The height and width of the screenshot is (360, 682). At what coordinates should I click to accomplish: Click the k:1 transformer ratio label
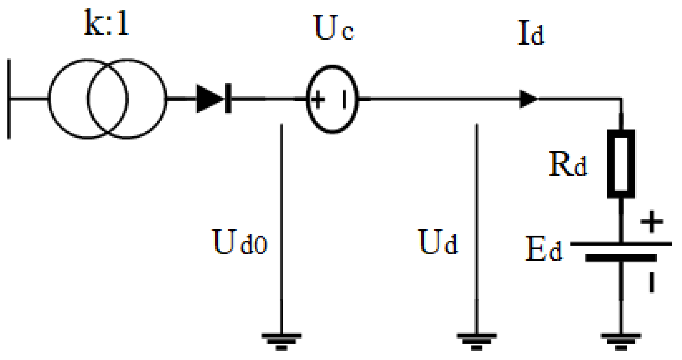click(106, 23)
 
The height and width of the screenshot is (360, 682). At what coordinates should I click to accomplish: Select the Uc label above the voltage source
click(333, 28)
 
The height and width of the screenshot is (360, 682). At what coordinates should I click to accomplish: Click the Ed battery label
click(544, 249)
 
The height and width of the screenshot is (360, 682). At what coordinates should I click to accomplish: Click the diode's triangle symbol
click(208, 99)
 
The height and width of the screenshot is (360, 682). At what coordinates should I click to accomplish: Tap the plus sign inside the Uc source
click(318, 100)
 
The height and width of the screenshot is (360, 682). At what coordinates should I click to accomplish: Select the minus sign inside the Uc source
click(344, 100)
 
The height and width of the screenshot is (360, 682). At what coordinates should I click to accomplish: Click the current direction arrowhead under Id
click(528, 99)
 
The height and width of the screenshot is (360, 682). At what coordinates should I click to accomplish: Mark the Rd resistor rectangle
click(621, 164)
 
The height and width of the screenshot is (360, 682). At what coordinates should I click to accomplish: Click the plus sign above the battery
click(652, 222)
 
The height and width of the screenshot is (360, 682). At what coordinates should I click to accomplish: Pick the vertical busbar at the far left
click(9, 99)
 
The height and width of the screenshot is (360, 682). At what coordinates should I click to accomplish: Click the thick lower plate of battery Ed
click(621, 258)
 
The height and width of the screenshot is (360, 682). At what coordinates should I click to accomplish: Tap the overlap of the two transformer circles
click(108, 99)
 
